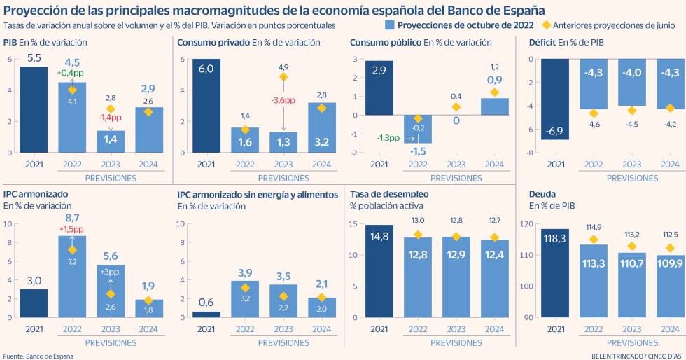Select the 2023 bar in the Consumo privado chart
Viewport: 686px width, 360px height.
point(283,142)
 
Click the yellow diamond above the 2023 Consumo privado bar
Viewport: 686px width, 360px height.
point(283,77)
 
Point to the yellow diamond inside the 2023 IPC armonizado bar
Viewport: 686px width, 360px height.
point(111,293)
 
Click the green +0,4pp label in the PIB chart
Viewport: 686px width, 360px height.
point(71,73)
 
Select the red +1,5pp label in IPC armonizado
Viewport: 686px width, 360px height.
point(71,229)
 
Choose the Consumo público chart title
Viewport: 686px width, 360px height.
point(386,43)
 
